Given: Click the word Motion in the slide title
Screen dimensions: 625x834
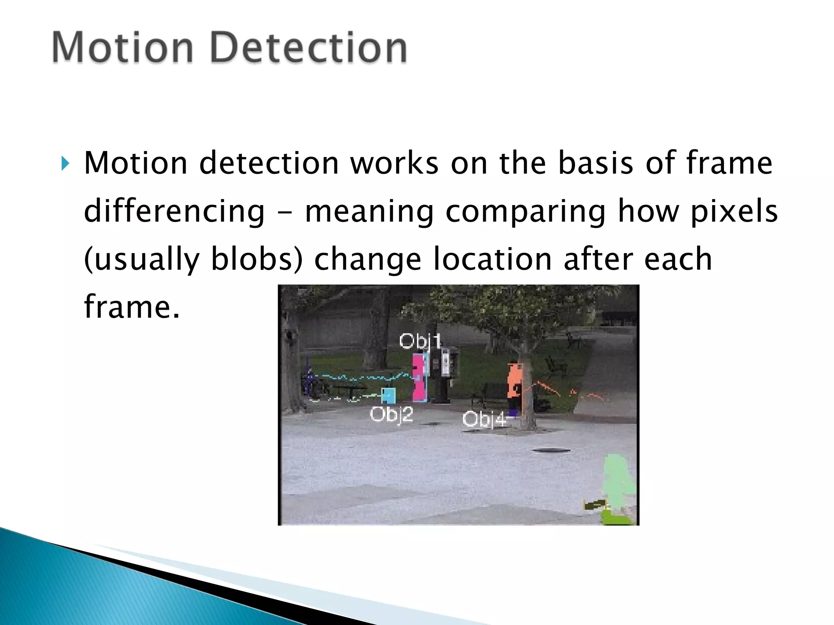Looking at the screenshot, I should [x=122, y=48].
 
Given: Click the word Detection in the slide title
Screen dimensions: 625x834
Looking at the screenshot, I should [x=309, y=48].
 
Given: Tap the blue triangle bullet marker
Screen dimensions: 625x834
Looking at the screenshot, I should [x=65, y=164].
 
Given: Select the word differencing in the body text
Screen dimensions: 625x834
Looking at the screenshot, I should [x=174, y=212].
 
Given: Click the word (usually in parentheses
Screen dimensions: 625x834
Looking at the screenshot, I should [x=141, y=260].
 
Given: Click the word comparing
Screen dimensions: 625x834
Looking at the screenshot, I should [x=526, y=212].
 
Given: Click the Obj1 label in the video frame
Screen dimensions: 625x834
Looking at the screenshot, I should [x=420, y=341].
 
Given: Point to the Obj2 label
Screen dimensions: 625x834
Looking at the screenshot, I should [x=391, y=414].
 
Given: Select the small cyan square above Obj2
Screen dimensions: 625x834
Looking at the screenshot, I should [x=388, y=394].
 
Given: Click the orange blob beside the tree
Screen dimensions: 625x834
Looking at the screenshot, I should [x=515, y=381].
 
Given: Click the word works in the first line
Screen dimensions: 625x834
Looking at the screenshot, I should [x=394, y=163].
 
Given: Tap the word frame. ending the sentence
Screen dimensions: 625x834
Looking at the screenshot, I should [x=131, y=307].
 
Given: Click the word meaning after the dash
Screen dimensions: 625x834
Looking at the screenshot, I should [x=369, y=212].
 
